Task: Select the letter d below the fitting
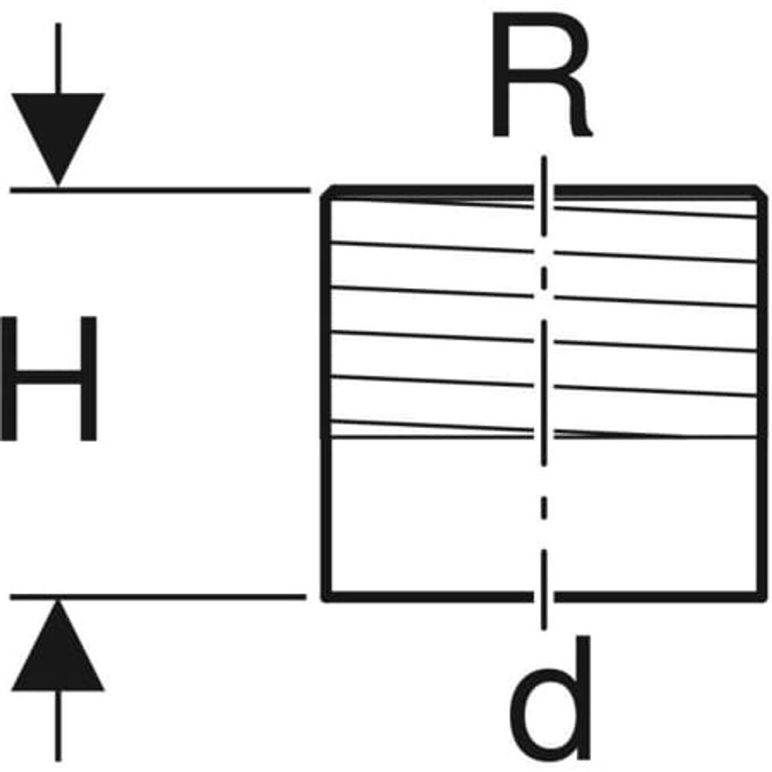(547, 699)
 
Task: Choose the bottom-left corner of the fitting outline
(325, 595)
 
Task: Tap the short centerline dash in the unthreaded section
(544, 507)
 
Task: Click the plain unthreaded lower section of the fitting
(432, 517)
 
